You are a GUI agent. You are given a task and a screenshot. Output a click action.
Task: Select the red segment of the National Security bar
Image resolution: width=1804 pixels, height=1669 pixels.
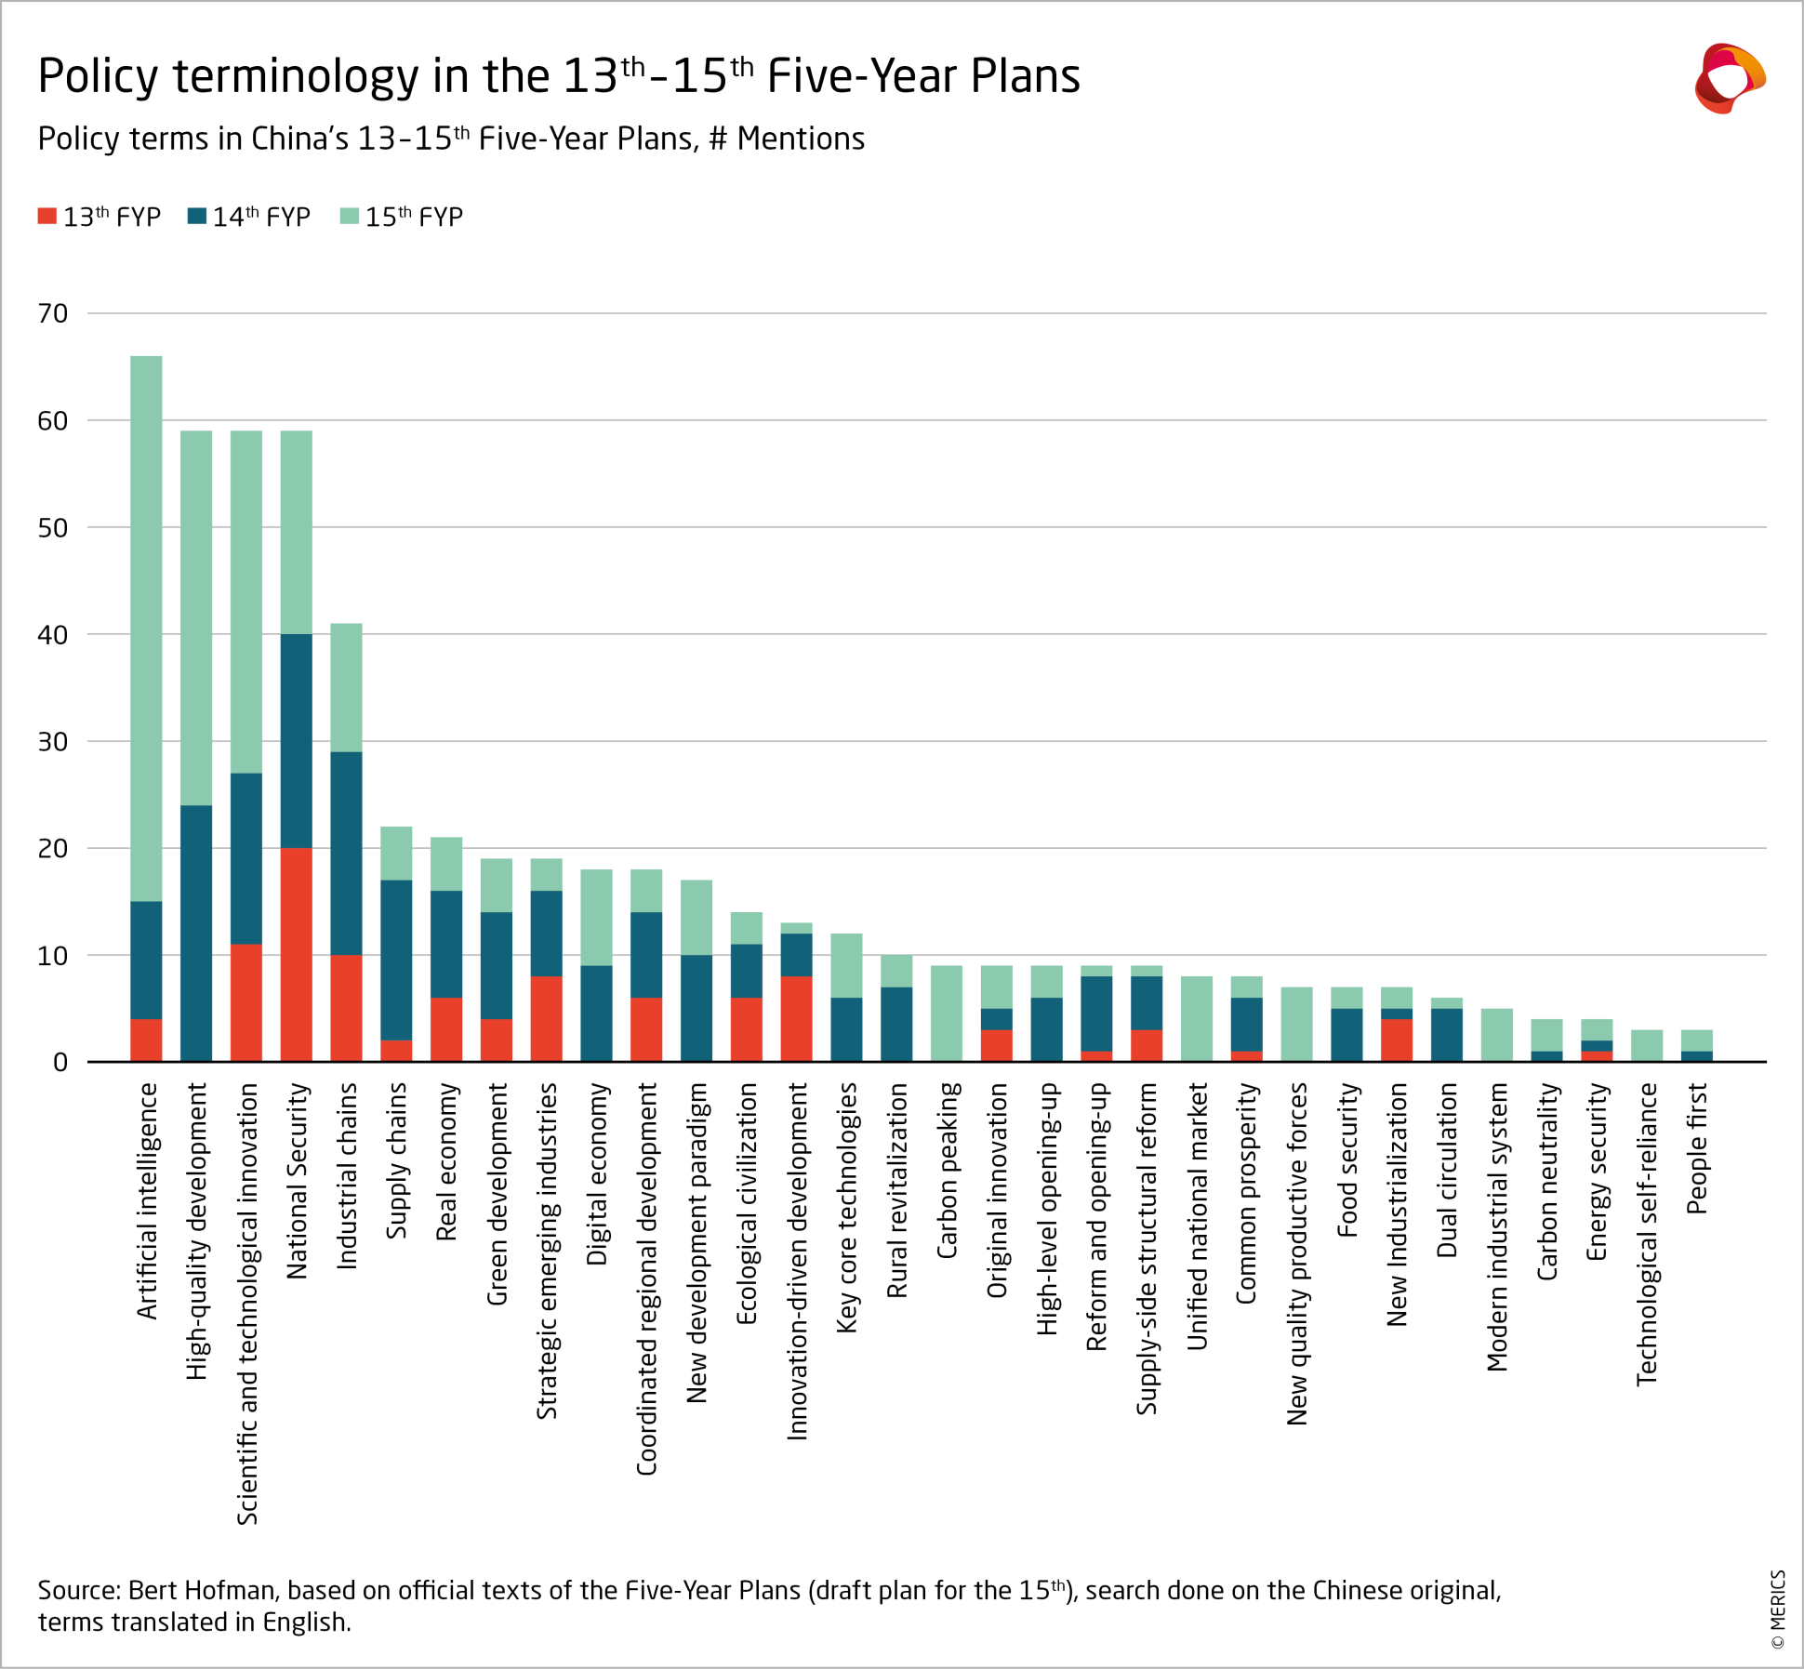click(297, 954)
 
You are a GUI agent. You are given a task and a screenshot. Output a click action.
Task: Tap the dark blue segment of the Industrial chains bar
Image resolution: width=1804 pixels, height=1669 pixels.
click(346, 853)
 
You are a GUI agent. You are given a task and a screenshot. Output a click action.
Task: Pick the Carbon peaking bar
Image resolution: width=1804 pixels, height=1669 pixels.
click(947, 1013)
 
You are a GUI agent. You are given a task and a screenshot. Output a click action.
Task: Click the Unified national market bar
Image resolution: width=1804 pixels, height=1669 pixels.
click(1197, 1018)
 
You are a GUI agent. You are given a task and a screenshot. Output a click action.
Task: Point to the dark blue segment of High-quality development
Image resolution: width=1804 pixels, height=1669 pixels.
click(196, 933)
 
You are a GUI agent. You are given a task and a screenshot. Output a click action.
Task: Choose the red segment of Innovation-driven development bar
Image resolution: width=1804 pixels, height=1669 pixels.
click(797, 1018)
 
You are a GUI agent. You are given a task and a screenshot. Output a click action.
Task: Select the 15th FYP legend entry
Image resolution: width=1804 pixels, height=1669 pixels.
click(402, 217)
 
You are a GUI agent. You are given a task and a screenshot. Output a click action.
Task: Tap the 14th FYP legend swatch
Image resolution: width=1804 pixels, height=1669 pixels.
click(196, 217)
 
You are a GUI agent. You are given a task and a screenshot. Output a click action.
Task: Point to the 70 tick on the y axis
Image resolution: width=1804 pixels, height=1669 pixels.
click(53, 313)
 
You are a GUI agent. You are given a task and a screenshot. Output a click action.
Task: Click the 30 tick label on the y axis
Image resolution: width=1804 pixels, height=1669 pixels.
click(53, 741)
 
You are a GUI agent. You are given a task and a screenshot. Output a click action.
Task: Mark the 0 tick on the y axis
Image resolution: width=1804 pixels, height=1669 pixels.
click(60, 1062)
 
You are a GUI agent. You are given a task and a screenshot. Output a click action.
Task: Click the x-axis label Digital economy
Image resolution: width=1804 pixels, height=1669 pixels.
click(597, 1173)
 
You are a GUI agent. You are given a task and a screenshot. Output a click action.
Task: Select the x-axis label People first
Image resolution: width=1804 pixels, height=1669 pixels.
click(1697, 1148)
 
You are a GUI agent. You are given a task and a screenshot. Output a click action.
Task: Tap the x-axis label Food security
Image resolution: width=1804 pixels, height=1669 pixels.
click(1346, 1159)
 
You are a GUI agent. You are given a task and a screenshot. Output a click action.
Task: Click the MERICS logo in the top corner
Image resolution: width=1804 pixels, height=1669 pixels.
click(1730, 79)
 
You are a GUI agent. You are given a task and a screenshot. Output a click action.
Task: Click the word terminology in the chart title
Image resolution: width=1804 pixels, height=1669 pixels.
click(297, 76)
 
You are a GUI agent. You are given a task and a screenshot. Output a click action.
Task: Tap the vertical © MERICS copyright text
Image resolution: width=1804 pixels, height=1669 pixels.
click(1778, 1609)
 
